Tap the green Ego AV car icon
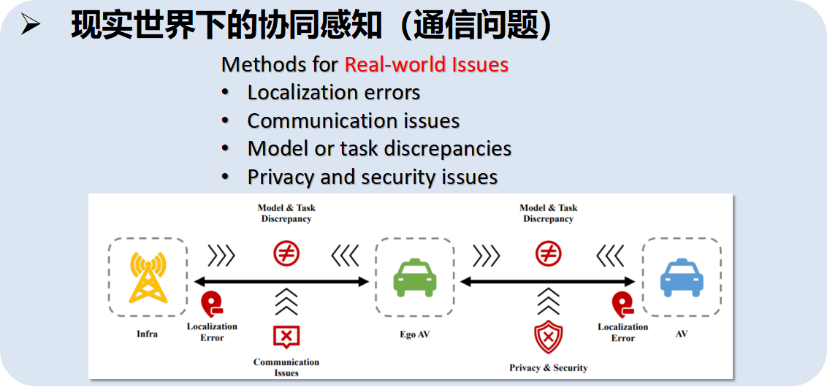point(414,278)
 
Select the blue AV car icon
point(681,277)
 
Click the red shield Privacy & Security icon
point(548,337)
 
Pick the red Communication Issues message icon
point(286,336)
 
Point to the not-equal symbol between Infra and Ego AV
point(286,253)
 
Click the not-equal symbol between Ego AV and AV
point(548,253)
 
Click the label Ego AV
point(414,334)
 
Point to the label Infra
point(147,334)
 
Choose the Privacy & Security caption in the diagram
point(548,368)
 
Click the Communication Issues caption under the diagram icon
point(286,367)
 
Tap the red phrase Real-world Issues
point(426,64)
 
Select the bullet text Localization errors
point(333,93)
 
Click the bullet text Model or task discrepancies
point(379,148)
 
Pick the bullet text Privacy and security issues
point(372,177)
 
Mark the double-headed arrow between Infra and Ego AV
point(281,282)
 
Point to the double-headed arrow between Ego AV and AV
point(547,282)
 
